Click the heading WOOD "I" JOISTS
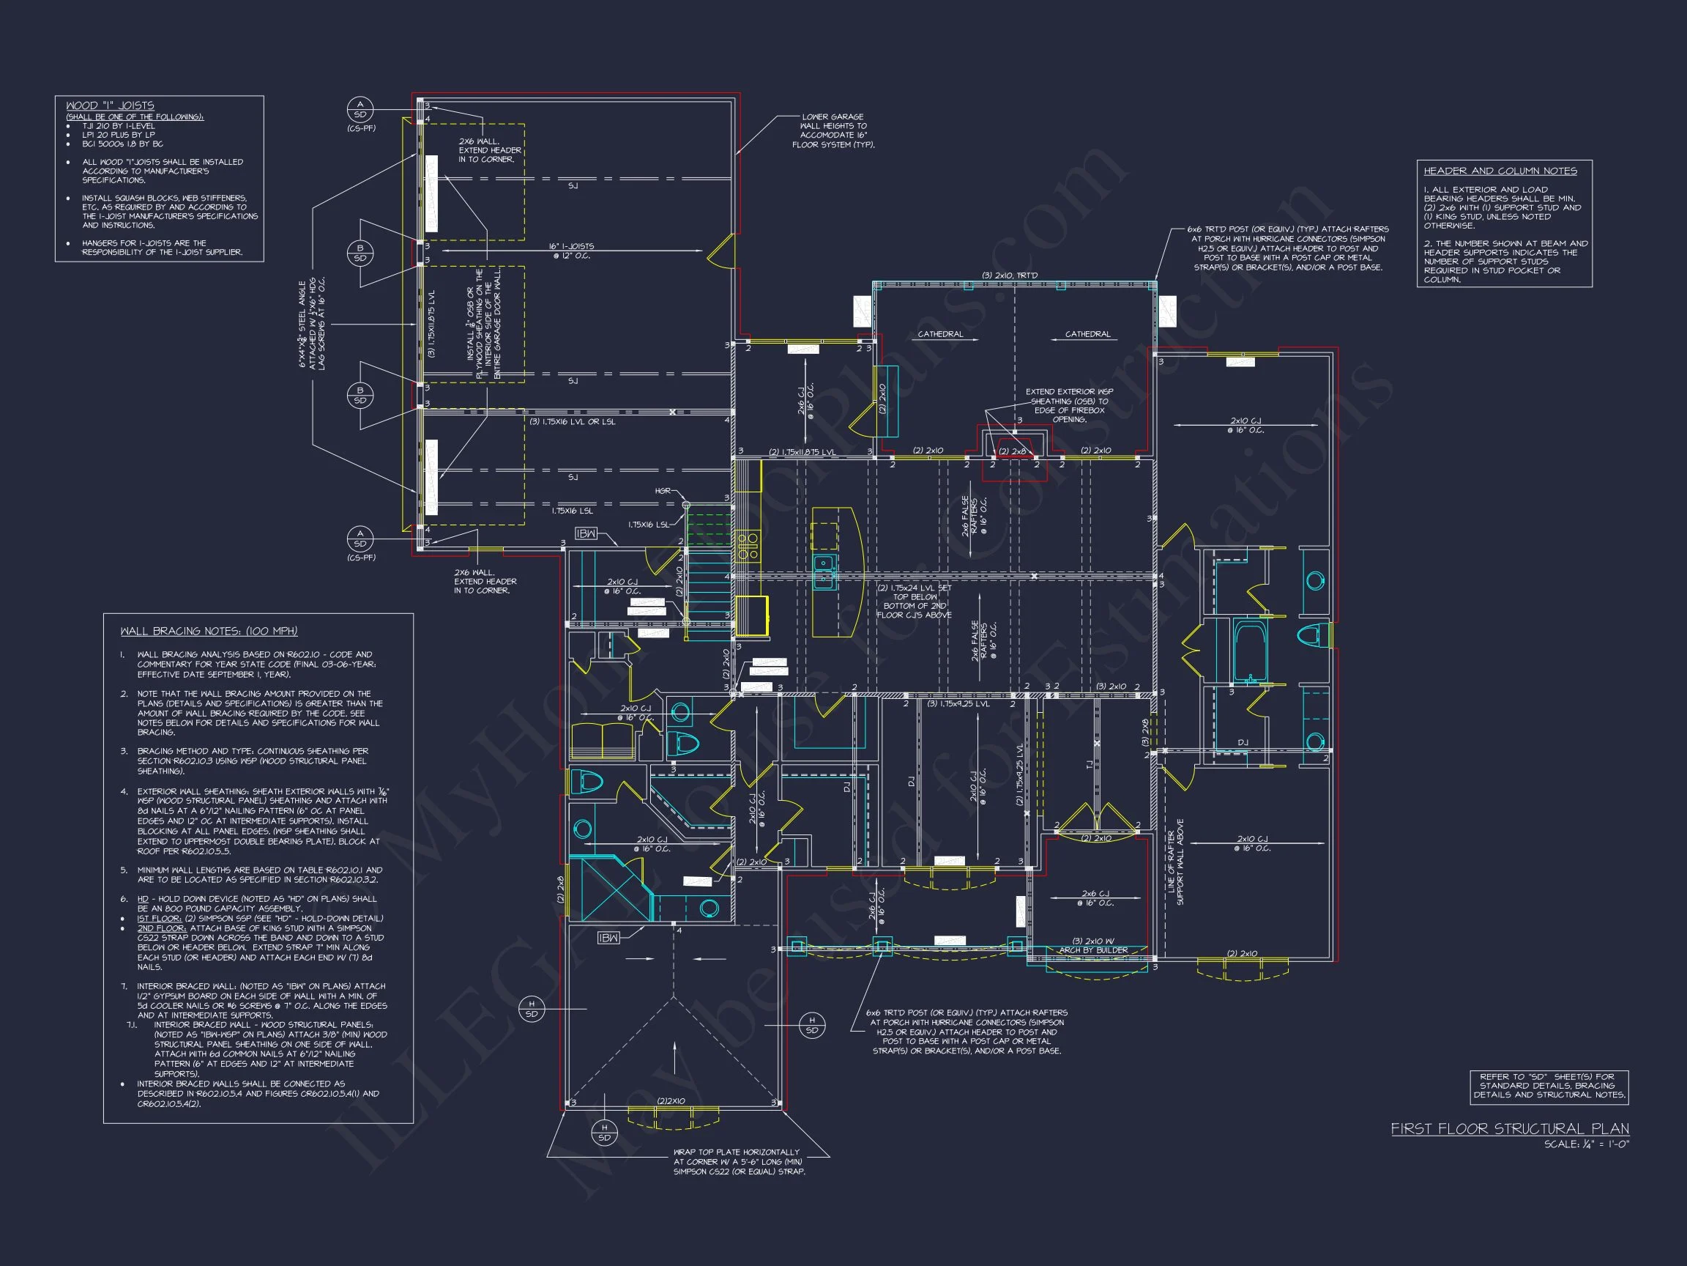[110, 105]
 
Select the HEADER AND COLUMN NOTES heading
[1500, 171]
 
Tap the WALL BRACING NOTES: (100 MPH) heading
[208, 631]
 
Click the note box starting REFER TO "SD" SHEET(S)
[1548, 1085]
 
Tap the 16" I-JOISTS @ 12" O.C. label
[570, 251]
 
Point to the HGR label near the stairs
[663, 491]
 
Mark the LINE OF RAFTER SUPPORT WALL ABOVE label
[1175, 862]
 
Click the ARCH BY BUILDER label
[1093, 950]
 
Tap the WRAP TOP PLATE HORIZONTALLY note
[738, 1161]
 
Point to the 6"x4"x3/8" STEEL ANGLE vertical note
[312, 325]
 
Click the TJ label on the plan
[1088, 764]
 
